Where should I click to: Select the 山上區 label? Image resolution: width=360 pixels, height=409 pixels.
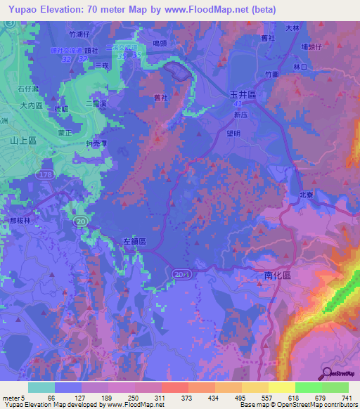coord(23,141)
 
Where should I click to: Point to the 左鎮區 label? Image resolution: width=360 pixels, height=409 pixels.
coord(133,240)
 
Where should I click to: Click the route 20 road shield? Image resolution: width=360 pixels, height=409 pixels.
coord(83,221)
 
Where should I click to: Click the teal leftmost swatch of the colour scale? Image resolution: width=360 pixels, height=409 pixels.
coord(41,387)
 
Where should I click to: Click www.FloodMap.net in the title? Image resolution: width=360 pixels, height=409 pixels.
coord(206,9)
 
